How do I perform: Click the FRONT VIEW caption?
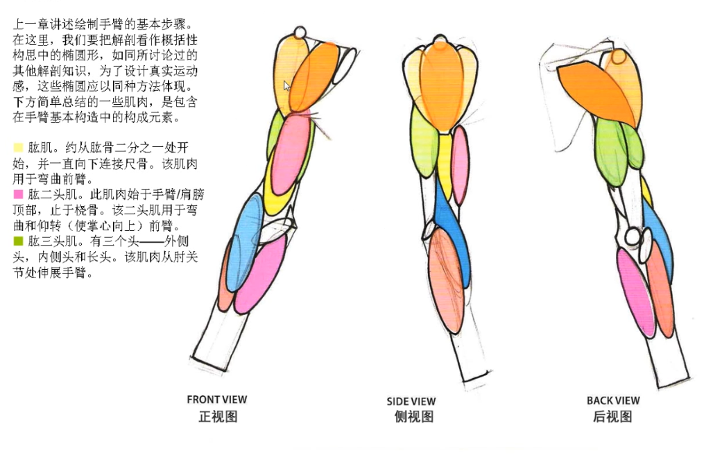216,399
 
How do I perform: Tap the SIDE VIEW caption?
411,401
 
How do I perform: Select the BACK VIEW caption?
612,400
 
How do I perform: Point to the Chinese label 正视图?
218,416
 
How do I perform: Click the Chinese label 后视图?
612,416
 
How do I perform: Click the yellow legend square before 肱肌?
18,147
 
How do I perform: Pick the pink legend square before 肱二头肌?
18,194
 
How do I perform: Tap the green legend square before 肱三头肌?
18,241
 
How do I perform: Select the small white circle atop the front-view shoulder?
300,33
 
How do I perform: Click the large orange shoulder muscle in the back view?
599,90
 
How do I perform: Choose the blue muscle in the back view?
661,236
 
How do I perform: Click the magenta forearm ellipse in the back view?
635,291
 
